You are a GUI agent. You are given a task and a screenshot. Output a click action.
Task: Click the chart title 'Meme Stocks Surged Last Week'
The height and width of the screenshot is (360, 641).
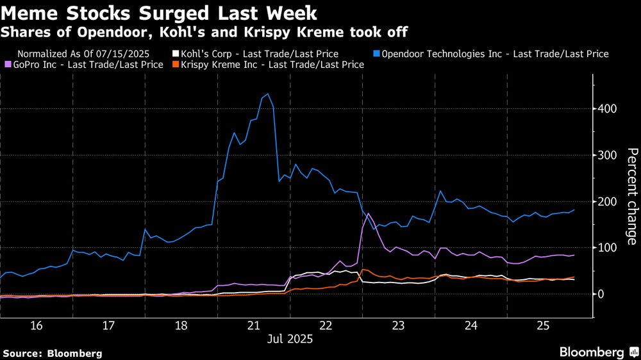(160, 13)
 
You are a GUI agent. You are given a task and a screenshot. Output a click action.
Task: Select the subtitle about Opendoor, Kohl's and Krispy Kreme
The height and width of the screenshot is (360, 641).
(205, 31)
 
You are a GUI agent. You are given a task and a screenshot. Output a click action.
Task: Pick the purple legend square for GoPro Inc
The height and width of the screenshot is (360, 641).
(8, 65)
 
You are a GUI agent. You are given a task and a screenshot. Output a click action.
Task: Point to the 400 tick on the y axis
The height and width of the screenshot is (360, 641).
(607, 109)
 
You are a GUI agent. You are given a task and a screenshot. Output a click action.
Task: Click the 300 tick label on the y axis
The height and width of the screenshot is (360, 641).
(607, 156)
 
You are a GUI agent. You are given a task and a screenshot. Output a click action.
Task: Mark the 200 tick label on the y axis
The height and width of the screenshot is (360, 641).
(607, 202)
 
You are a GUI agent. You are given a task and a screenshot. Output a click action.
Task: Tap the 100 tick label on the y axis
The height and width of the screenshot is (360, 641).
(607, 248)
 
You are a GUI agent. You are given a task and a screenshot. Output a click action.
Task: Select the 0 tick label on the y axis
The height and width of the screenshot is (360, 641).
(601, 294)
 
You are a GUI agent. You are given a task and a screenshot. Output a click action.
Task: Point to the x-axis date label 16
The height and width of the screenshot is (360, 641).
(36, 326)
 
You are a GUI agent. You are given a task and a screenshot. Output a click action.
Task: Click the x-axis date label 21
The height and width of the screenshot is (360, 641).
(253, 326)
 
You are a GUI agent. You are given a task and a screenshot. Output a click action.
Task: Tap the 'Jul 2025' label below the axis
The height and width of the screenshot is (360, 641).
(289, 340)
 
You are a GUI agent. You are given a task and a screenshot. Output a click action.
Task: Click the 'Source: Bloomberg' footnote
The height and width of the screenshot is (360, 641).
(53, 353)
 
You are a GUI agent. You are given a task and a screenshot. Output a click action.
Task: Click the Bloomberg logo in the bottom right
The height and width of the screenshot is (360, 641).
(599, 352)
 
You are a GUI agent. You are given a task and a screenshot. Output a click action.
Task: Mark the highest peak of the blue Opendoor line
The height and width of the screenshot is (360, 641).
(267, 94)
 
